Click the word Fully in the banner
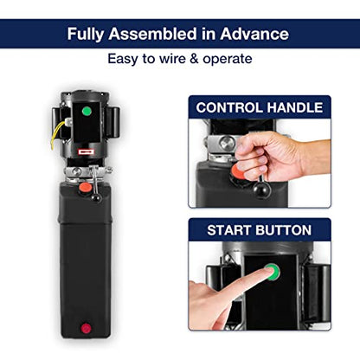[86, 34]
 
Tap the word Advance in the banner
[254, 34]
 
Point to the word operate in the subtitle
[228, 60]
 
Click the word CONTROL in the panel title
[229, 107]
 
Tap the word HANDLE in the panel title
[295, 107]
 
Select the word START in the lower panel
[229, 230]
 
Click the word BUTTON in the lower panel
[284, 230]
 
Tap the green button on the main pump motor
[87, 111]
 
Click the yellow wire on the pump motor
[56, 133]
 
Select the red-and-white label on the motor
[87, 151]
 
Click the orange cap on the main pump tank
[86, 188]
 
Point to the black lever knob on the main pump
[96, 198]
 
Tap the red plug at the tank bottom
[86, 329]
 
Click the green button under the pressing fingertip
[273, 272]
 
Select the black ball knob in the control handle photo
[261, 189]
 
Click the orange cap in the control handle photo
[238, 172]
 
